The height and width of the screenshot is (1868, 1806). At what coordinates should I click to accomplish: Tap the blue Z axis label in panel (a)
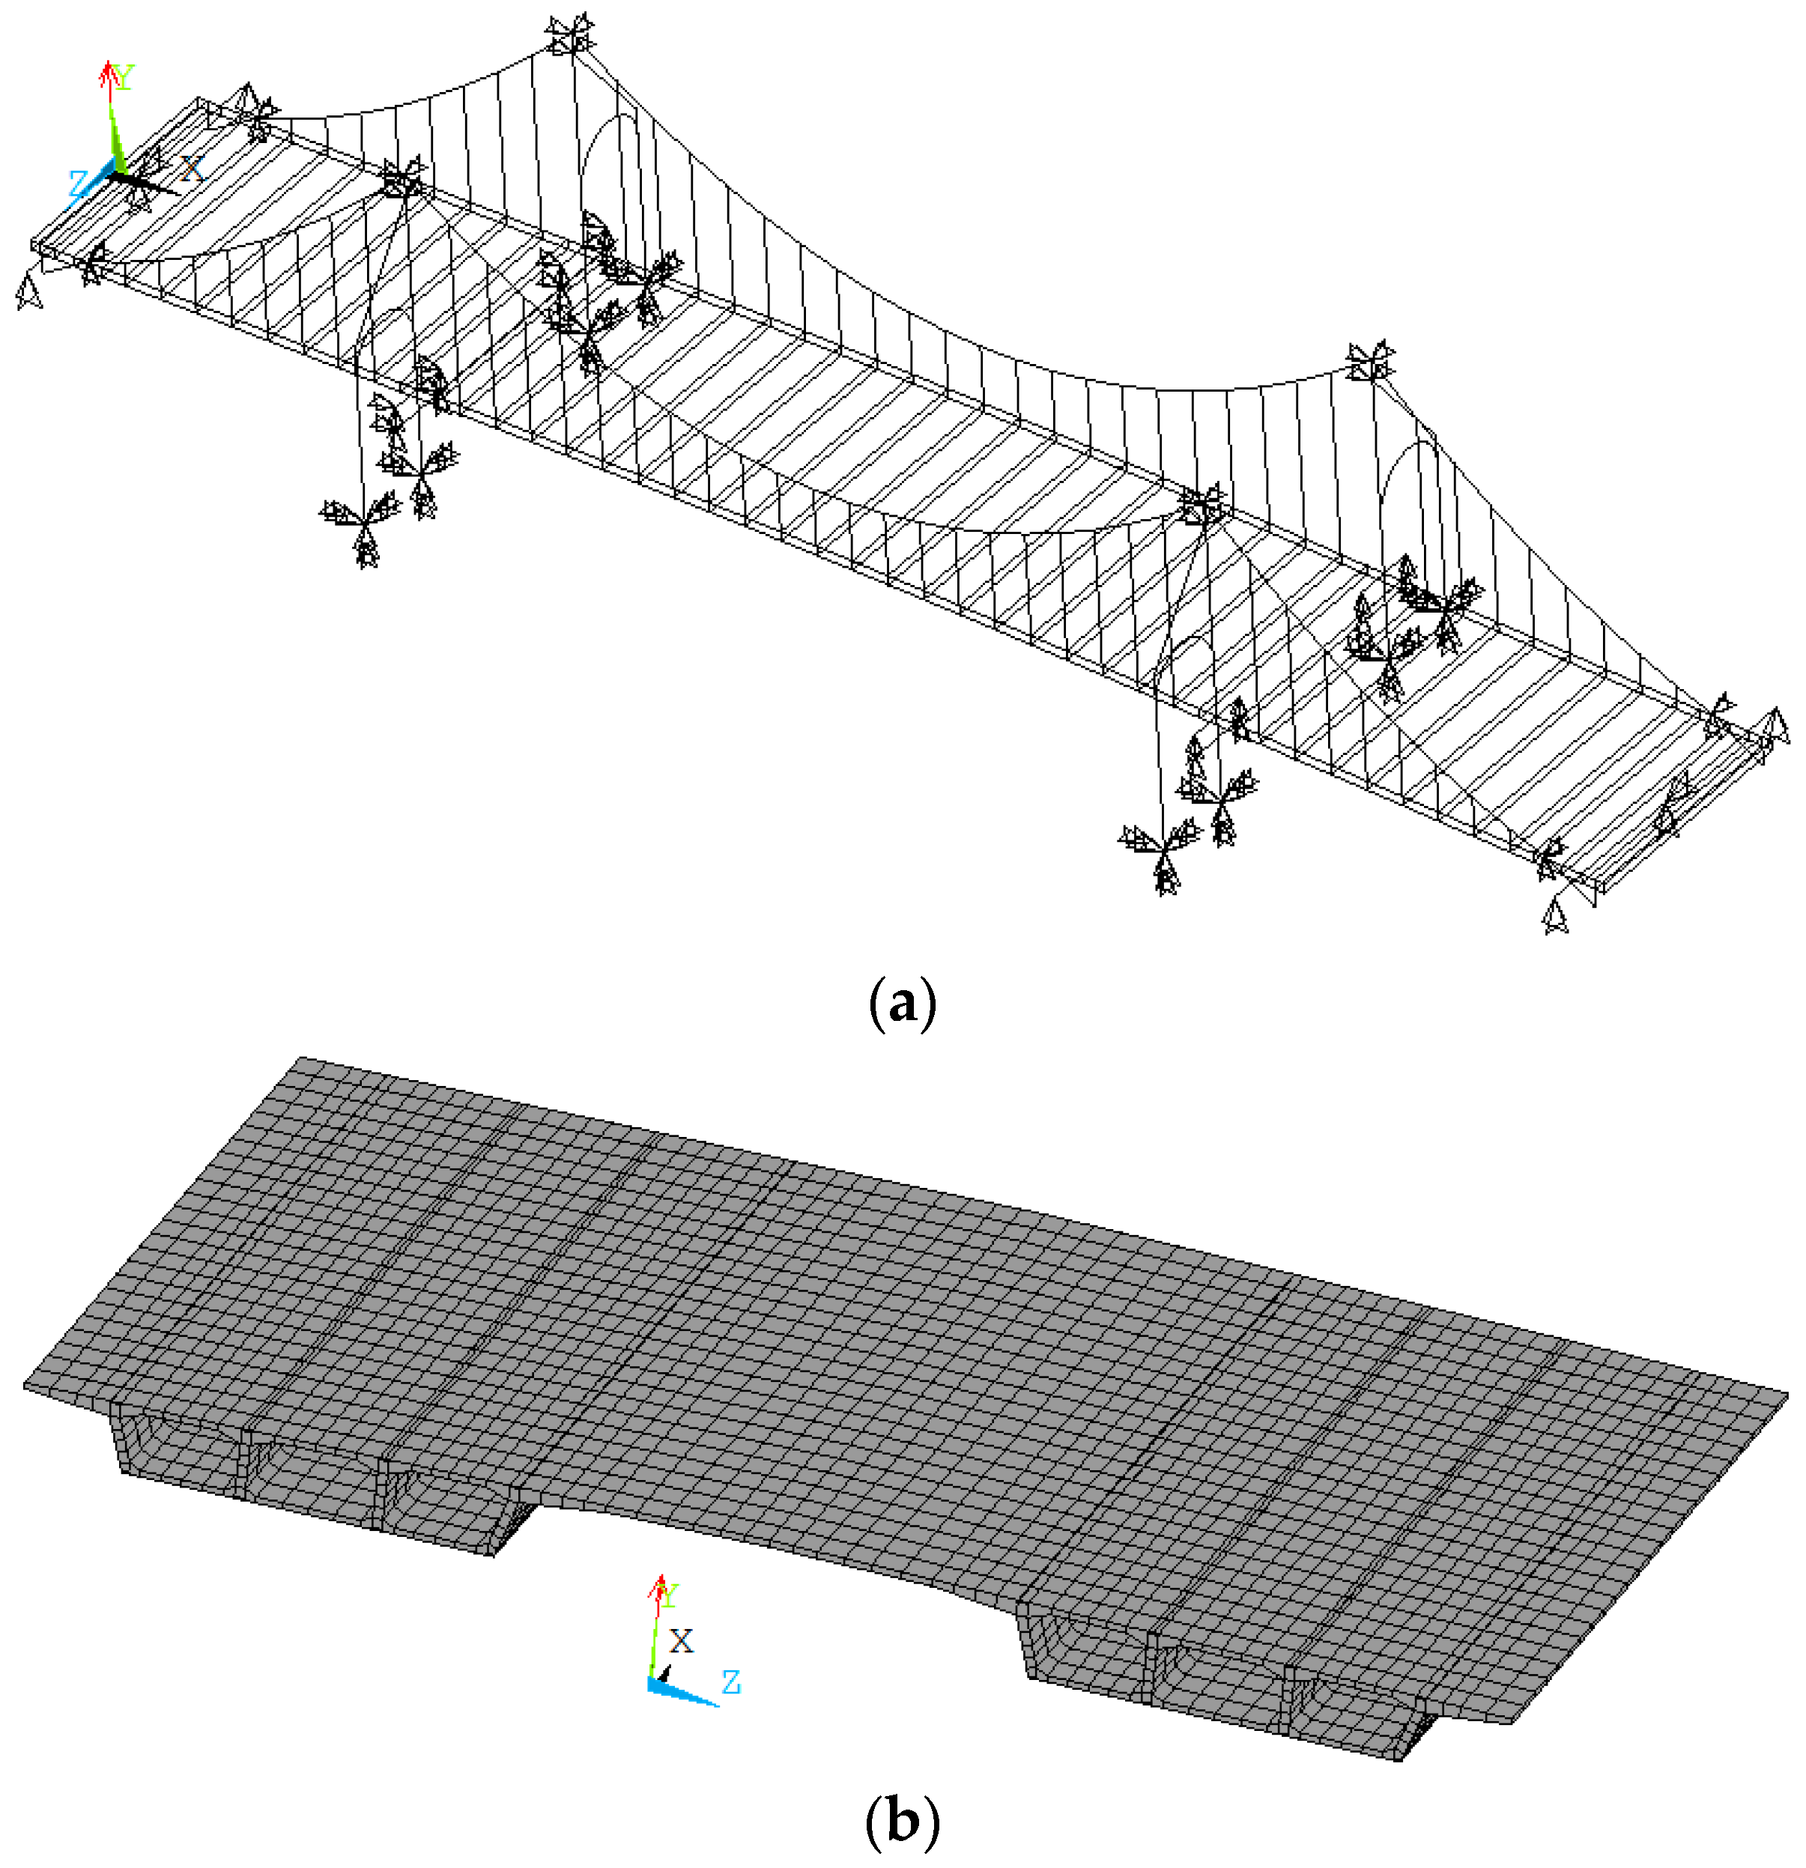pos(78,184)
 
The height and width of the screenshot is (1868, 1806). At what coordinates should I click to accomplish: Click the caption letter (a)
pos(903,1004)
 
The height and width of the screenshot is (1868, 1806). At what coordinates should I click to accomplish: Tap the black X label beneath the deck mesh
pos(682,1640)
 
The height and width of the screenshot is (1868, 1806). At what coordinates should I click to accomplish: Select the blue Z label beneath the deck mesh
pos(731,1682)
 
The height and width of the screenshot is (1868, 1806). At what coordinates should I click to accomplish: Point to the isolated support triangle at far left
pos(29,291)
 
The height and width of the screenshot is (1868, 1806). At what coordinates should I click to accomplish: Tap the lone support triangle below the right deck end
pos(1555,917)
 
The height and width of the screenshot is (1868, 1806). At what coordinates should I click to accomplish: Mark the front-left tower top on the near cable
pos(402,179)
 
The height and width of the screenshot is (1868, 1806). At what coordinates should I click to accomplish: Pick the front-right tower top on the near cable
pos(1200,505)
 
